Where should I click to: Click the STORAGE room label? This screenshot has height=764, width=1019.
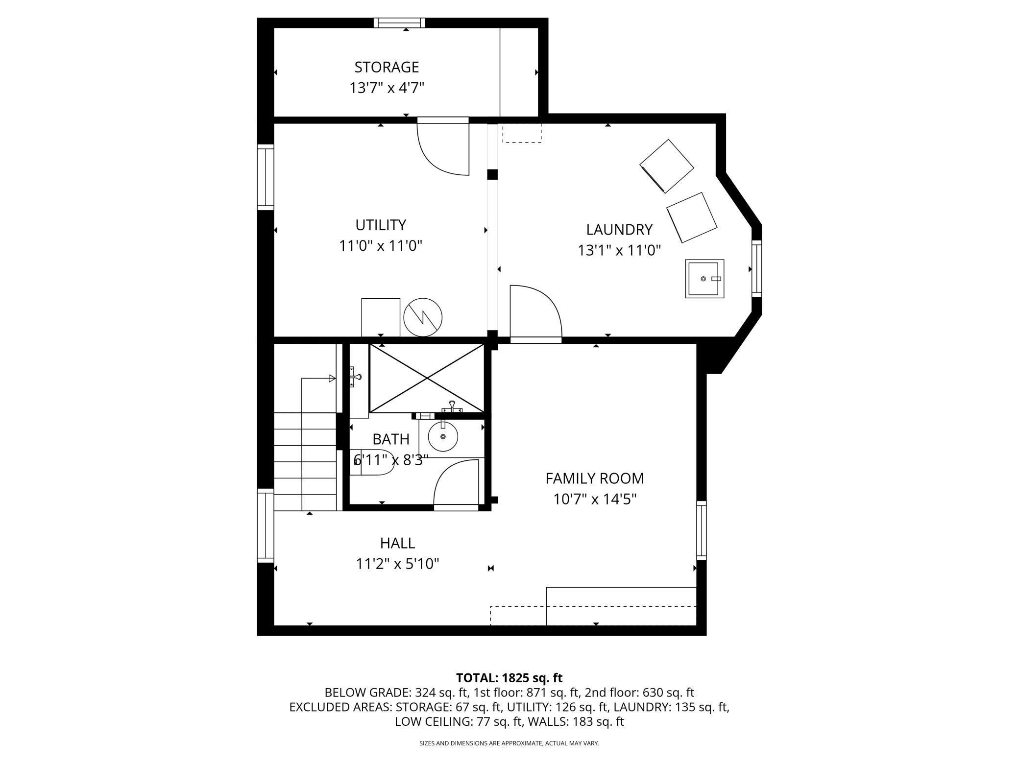tap(387, 67)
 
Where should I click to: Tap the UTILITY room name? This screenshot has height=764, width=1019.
tap(381, 225)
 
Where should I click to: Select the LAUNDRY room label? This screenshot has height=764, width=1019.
tap(619, 229)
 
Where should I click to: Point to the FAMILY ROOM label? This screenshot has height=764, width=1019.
tap(595, 478)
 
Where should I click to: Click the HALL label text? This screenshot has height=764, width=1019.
tap(397, 543)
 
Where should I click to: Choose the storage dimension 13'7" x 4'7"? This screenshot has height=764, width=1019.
tap(387, 88)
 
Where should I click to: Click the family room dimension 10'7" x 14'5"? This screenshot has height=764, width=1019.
tap(595, 499)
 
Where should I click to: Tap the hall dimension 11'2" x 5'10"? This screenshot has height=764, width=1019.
tap(397, 564)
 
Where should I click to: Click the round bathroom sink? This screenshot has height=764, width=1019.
tap(443, 436)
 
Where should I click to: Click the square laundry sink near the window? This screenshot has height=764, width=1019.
tap(704, 279)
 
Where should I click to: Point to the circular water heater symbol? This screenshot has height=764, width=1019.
tap(423, 317)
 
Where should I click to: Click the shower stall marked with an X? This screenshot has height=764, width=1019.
tap(427, 378)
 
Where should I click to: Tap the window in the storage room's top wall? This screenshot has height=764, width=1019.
tap(399, 23)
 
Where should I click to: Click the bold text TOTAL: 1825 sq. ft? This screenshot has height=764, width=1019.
tap(509, 678)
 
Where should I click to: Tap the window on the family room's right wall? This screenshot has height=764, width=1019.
tap(702, 530)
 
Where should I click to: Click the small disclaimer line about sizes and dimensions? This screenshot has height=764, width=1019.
tap(509, 743)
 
